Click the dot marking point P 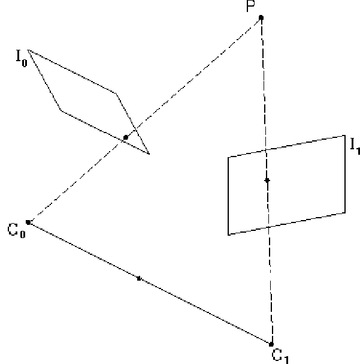pyautogui.click(x=261, y=17)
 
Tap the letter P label pyautogui.click(x=251, y=6)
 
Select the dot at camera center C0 pyautogui.click(x=28, y=222)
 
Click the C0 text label pyautogui.click(x=16, y=230)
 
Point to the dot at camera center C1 pyautogui.click(x=271, y=344)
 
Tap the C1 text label pyautogui.click(x=280, y=356)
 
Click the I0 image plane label pyautogui.click(x=22, y=58)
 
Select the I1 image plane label pyautogui.click(x=355, y=146)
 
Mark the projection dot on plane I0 pyautogui.click(x=126, y=137)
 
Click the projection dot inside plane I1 pyautogui.click(x=267, y=180)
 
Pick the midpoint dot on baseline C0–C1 pyautogui.click(x=139, y=278)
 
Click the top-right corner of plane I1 pyautogui.click(x=345, y=135)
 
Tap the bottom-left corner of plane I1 pyautogui.click(x=228, y=234)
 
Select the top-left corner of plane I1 pyautogui.click(x=228, y=157)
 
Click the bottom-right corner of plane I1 pyautogui.click(x=345, y=213)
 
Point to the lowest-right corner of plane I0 pyautogui.click(x=149, y=154)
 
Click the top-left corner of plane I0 pyautogui.click(x=28, y=50)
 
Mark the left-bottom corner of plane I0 pyautogui.click(x=61, y=110)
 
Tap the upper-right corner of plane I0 pyautogui.click(x=116, y=94)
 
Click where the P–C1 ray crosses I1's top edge pyautogui.click(x=266, y=150)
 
